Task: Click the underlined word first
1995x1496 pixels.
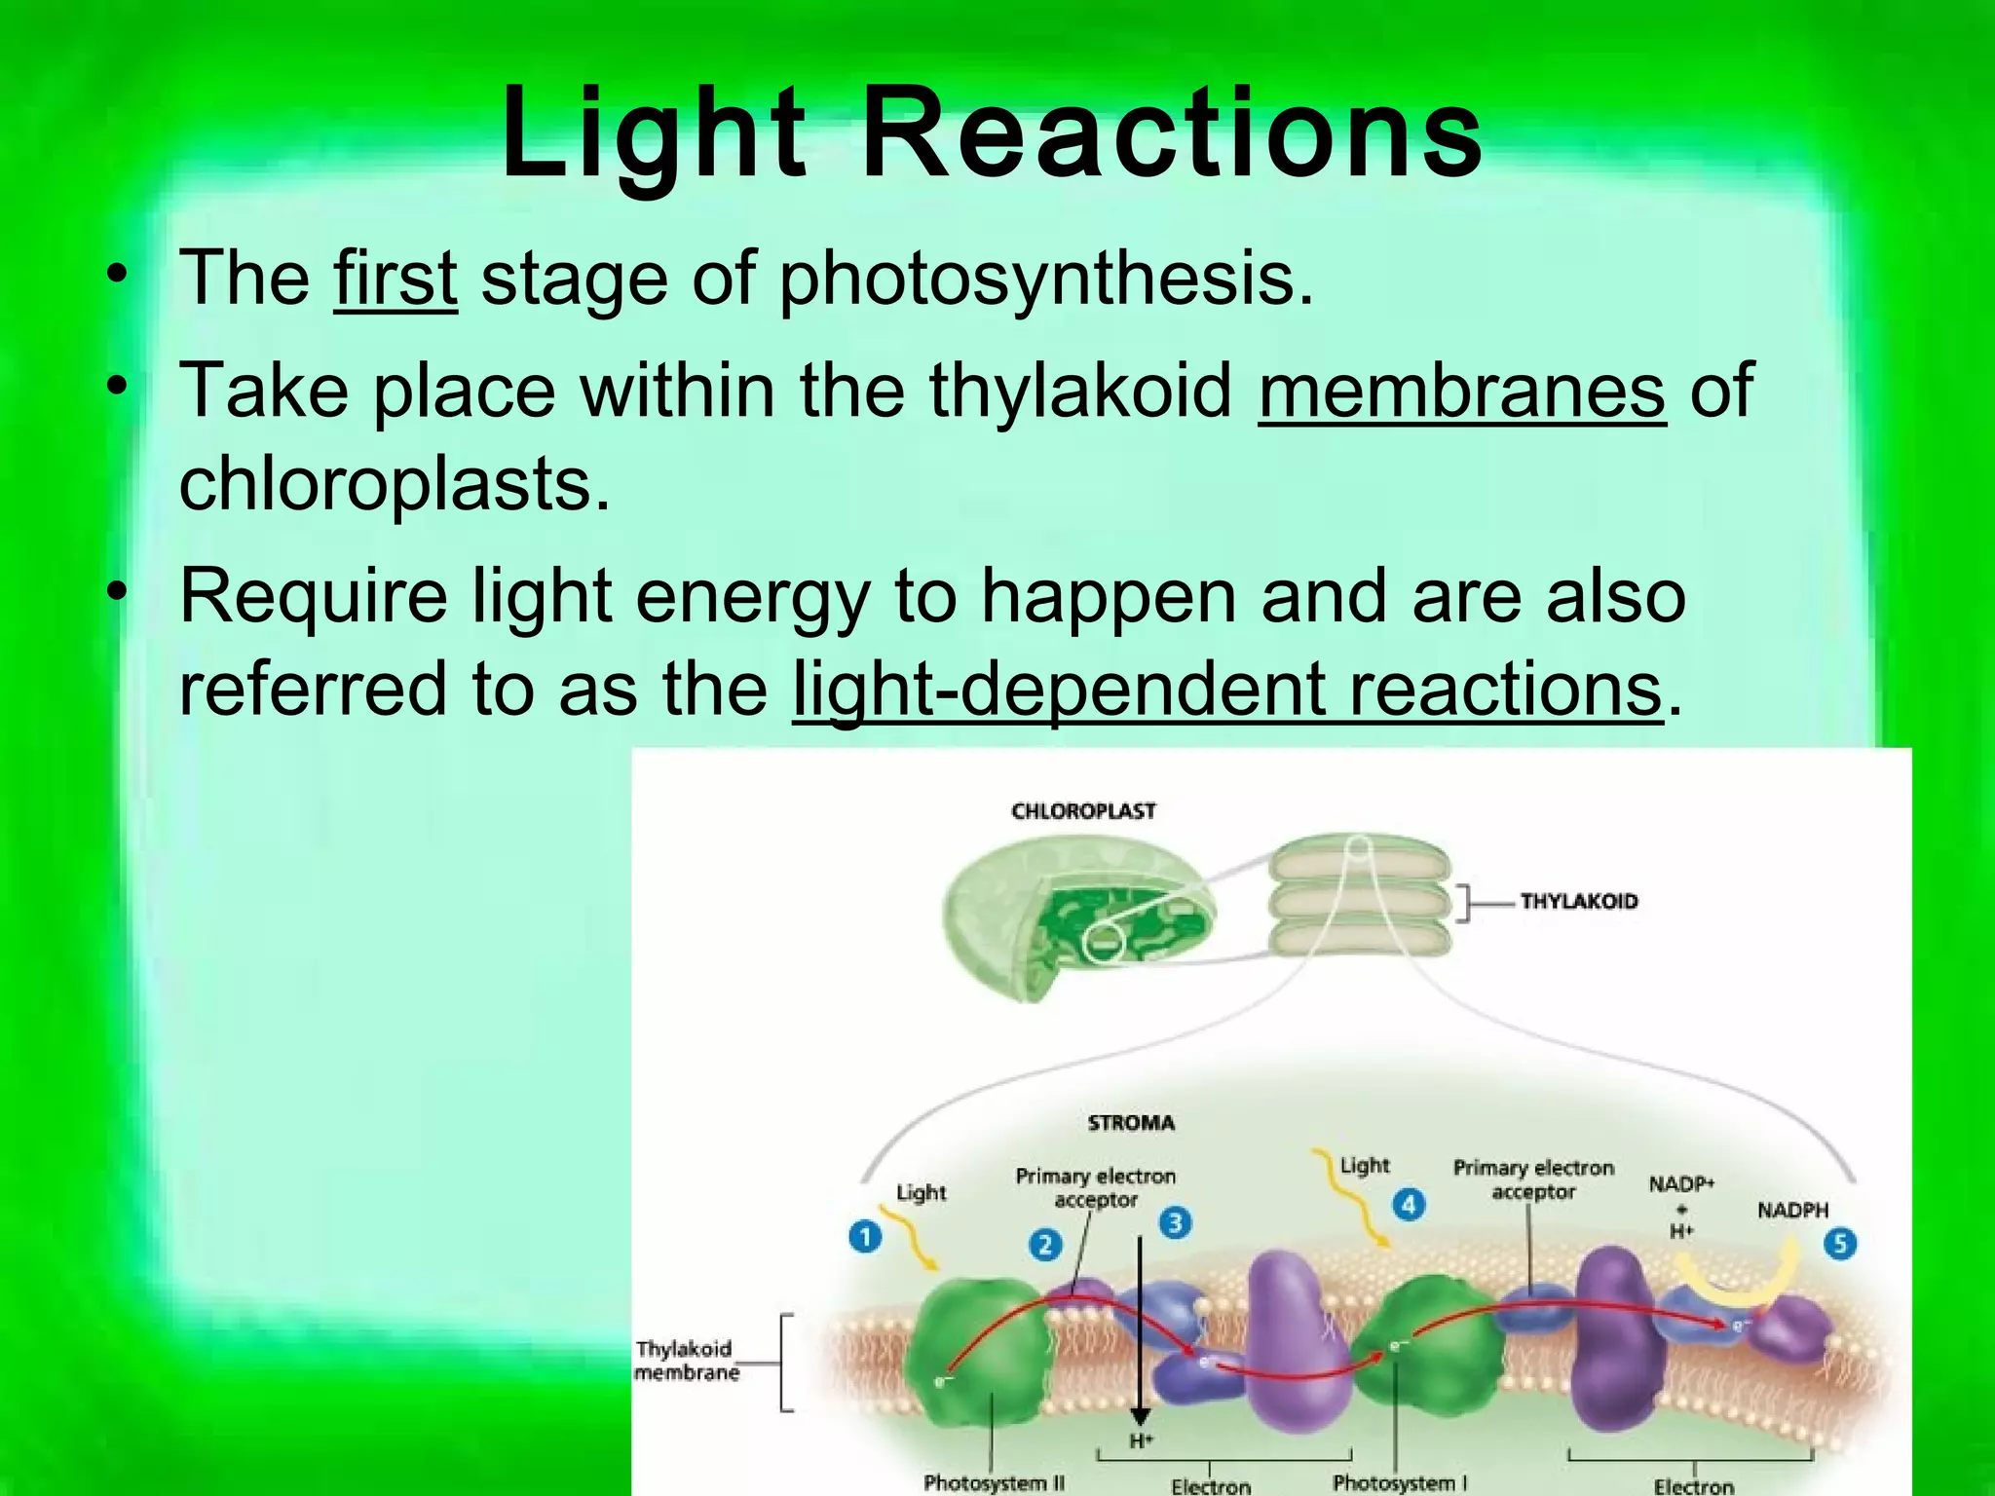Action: (x=395, y=280)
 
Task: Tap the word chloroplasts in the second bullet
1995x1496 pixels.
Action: (x=395, y=484)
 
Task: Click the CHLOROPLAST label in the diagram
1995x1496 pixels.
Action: (x=1083, y=811)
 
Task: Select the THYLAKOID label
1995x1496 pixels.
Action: (x=1578, y=902)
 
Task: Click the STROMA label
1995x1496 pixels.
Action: (x=1131, y=1123)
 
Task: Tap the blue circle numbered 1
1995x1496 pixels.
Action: (x=865, y=1237)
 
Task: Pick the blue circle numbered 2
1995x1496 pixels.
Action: (x=1045, y=1245)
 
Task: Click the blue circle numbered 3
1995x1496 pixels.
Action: (x=1175, y=1222)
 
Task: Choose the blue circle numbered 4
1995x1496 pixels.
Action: (x=1409, y=1205)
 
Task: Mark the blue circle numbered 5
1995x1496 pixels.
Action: (x=1839, y=1244)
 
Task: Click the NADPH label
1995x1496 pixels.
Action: (x=1792, y=1211)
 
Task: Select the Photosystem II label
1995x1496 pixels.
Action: (x=994, y=1482)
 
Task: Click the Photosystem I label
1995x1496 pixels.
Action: (x=1399, y=1482)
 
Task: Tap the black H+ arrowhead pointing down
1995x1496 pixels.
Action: (x=1140, y=1416)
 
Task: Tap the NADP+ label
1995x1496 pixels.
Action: (x=1680, y=1184)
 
